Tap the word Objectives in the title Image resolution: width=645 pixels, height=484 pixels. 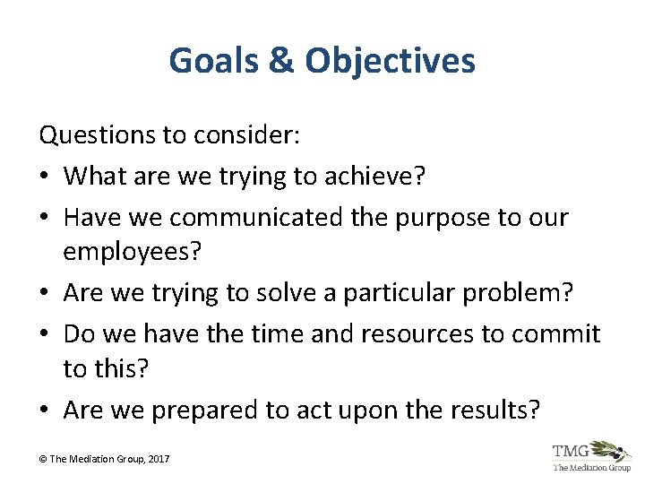point(391,61)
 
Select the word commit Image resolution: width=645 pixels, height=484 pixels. point(556,334)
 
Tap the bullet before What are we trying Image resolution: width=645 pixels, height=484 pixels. point(47,177)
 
